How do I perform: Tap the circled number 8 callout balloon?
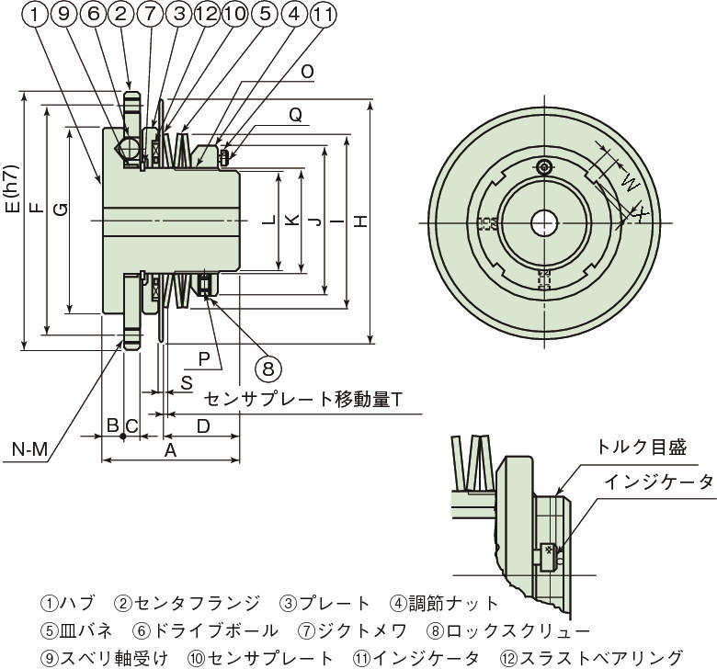click(267, 369)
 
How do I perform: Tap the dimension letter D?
click(203, 425)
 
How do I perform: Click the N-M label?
click(30, 449)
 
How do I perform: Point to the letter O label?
click(307, 71)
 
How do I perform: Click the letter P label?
click(204, 356)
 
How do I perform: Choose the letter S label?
click(186, 381)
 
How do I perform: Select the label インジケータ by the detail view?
click(658, 482)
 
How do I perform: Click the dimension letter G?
click(58, 209)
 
